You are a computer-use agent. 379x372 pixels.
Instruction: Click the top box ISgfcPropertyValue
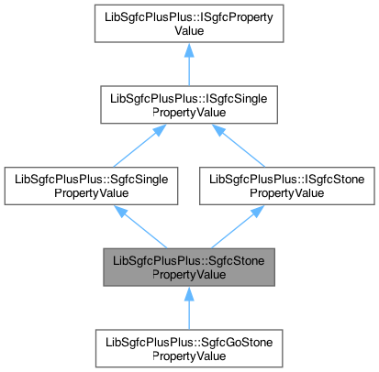[188, 24]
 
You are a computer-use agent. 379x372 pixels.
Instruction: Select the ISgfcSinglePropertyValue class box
[188, 105]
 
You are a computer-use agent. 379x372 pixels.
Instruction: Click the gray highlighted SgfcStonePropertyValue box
[188, 267]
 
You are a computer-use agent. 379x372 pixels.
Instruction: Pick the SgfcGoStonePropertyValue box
[188, 348]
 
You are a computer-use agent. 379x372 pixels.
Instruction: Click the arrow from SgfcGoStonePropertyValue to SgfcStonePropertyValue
[188, 311]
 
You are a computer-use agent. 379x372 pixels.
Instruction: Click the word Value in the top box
[188, 31]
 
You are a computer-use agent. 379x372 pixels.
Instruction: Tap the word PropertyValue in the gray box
[188, 274]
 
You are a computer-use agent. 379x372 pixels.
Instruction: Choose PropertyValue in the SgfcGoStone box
[188, 356]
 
